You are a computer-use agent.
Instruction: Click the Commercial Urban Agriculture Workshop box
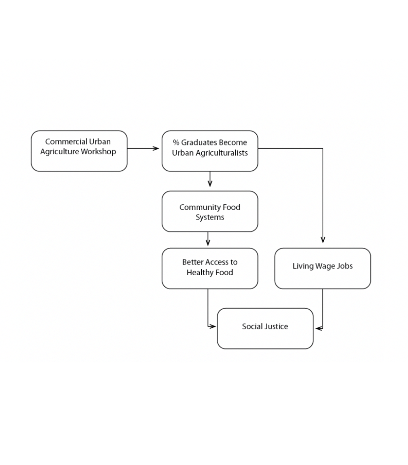coord(79,151)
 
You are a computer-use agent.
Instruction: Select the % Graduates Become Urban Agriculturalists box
coord(210,151)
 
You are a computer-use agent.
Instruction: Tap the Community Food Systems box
coord(210,211)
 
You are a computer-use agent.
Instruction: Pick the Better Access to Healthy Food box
coord(210,268)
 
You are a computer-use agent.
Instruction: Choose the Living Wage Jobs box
coord(322,268)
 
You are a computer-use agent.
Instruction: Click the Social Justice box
coord(265,328)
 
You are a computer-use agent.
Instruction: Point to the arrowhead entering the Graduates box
coord(156,148)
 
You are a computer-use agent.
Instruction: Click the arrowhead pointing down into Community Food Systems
coord(210,184)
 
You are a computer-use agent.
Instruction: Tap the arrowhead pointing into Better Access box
coord(208,242)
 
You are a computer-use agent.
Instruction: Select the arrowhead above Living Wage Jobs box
coord(323,240)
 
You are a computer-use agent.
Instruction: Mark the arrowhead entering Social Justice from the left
coord(213,327)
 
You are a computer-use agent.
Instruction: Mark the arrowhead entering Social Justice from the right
coord(319,328)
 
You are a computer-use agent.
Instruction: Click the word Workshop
coord(98,152)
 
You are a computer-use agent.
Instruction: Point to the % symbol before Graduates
coord(176,142)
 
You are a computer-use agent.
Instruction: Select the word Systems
coord(210,218)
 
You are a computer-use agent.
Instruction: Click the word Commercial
coord(66,141)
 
